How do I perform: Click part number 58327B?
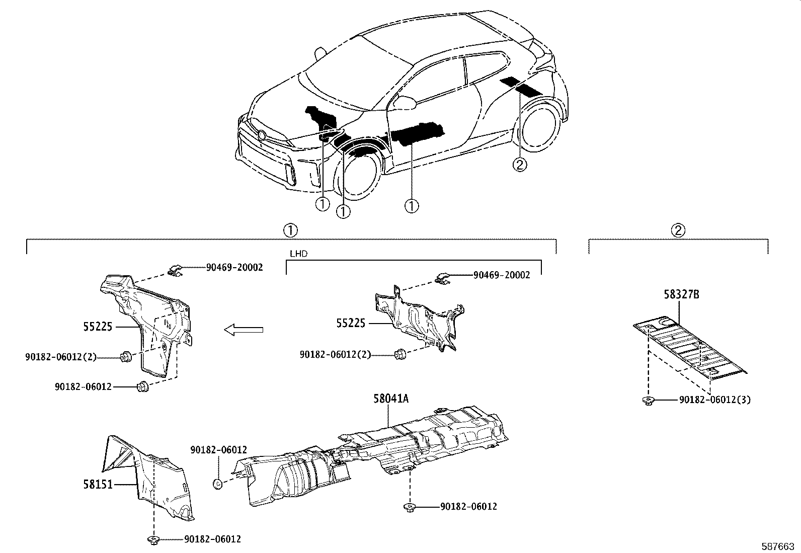(x=681, y=294)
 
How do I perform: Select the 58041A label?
(x=390, y=399)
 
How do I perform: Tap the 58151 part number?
(x=98, y=484)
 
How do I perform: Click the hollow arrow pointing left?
(x=244, y=330)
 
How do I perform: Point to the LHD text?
(x=298, y=254)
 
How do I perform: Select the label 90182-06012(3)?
(x=714, y=400)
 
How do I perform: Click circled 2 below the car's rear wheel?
(x=519, y=164)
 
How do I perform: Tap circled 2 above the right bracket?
(x=678, y=230)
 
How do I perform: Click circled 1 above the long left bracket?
(x=290, y=230)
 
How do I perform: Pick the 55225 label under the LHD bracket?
(x=351, y=323)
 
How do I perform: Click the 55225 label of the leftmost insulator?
(x=98, y=327)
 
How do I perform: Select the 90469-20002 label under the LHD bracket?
(x=501, y=275)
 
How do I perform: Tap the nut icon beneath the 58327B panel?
(x=648, y=401)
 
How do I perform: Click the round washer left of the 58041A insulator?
(x=217, y=484)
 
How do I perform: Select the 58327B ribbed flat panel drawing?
(x=689, y=347)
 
